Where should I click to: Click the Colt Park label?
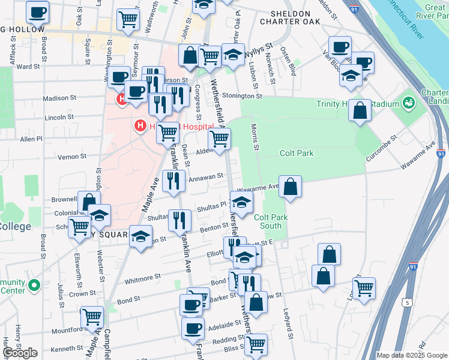297,154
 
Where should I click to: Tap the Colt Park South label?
268,221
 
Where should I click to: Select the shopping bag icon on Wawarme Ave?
290,187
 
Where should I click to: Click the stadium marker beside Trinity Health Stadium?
409,103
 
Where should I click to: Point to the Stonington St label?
243,95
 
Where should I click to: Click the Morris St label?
256,137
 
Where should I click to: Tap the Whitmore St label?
142,278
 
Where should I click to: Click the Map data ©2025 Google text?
411,355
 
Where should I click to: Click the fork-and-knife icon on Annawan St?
173,181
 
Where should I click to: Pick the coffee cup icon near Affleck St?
37,11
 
